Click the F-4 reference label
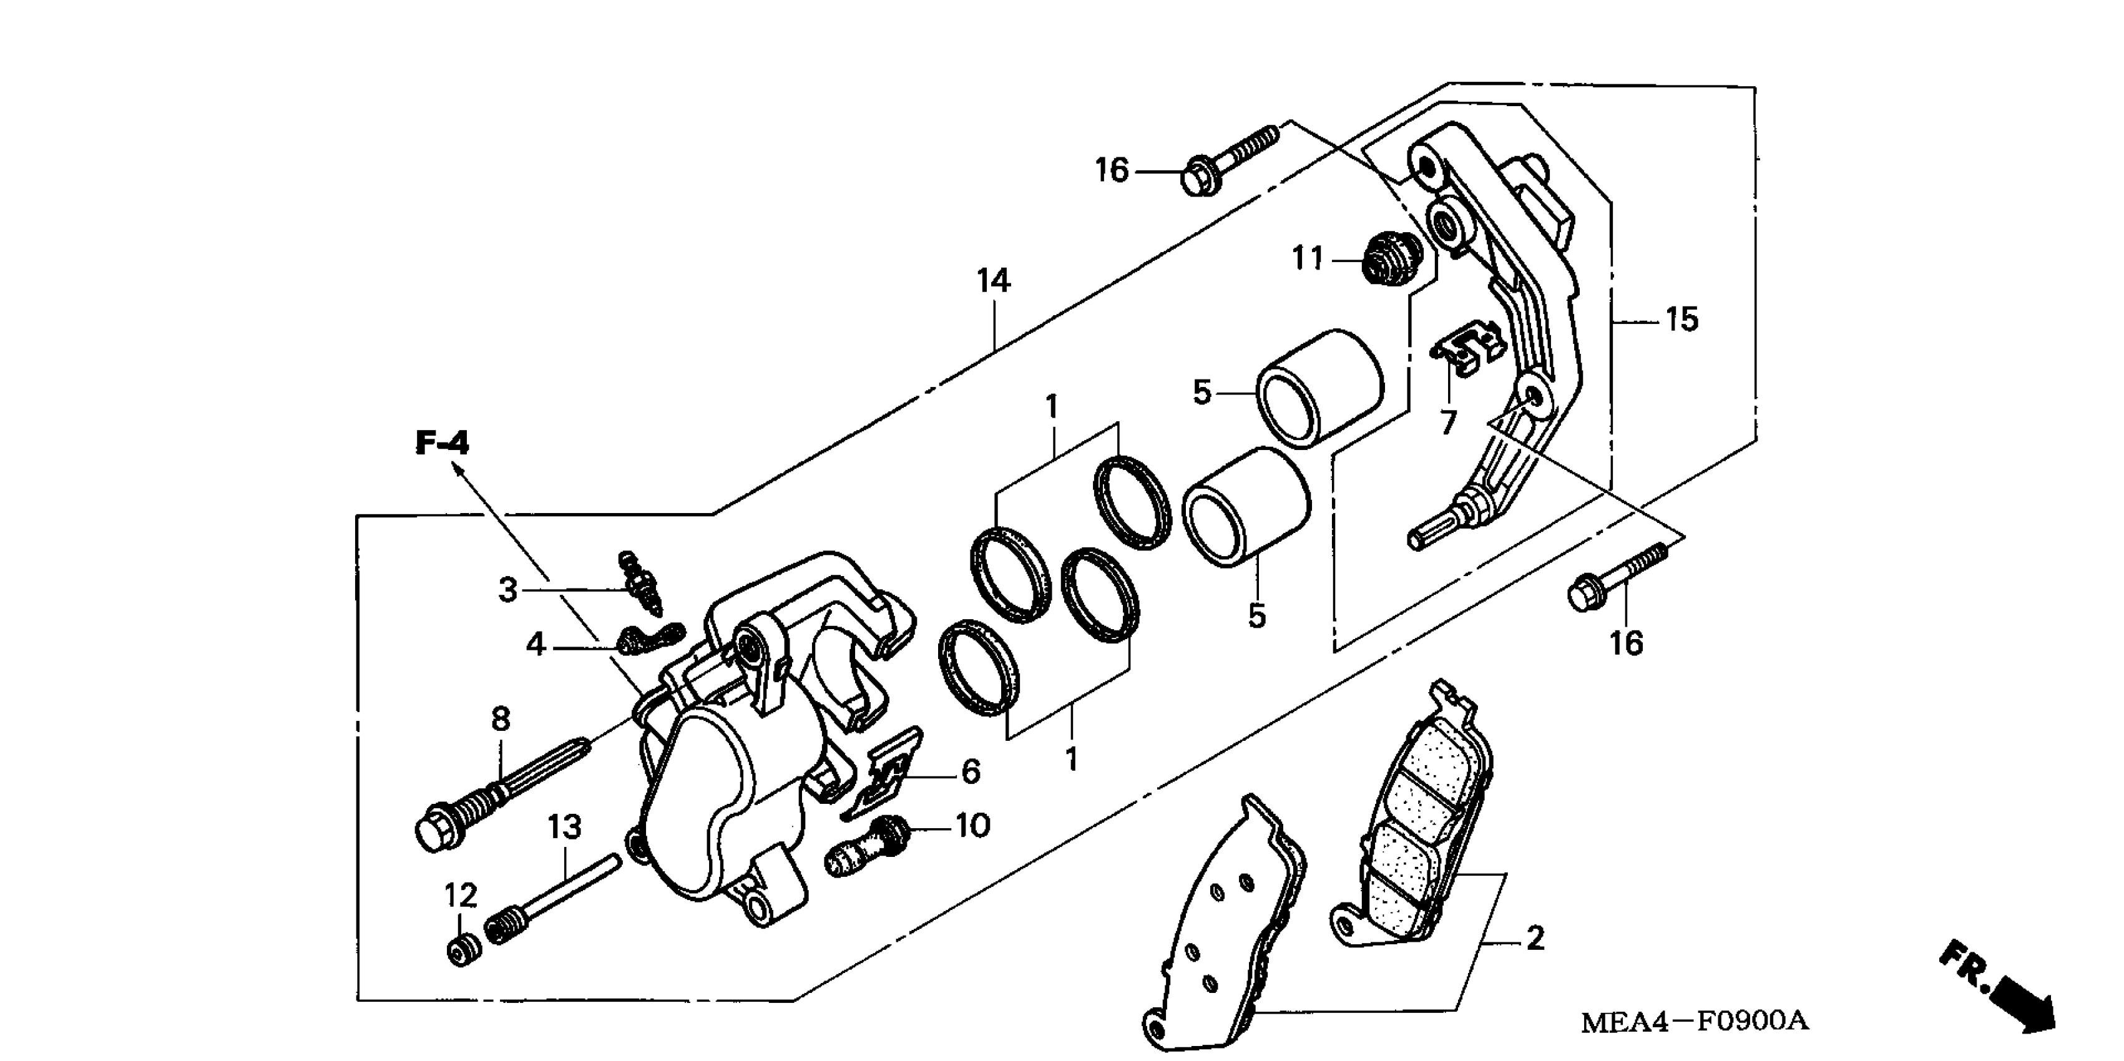coord(442,444)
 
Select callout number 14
coord(994,281)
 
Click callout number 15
coord(1682,320)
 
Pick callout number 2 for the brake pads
coord(1534,938)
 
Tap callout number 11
coord(1307,259)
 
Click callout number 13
coord(565,826)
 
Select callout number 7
coord(1448,423)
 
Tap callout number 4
coord(536,645)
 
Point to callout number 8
coord(501,720)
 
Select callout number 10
coord(973,825)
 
